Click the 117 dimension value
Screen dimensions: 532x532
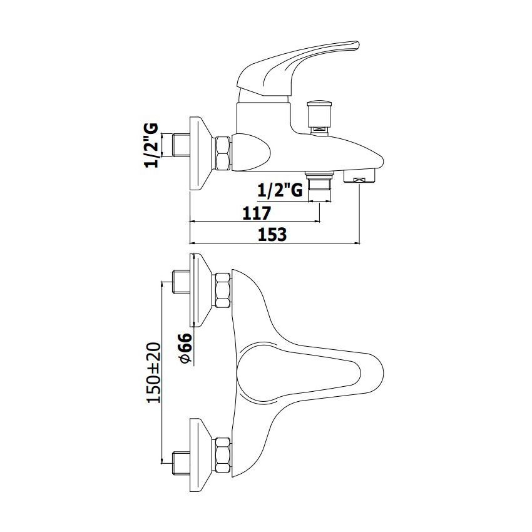257,213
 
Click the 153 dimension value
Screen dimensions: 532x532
272,235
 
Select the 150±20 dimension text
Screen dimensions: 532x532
154,372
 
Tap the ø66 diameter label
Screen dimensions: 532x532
185,348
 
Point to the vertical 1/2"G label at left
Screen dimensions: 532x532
151,145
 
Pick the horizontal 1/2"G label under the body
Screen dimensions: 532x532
280,191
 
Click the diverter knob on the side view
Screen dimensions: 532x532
318,118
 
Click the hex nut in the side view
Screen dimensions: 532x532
222,153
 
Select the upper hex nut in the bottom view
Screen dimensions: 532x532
222,290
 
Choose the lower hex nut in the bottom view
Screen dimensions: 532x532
222,454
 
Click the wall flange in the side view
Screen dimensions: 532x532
201,153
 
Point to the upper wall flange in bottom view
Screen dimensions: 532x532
201,290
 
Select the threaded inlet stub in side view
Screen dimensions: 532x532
182,146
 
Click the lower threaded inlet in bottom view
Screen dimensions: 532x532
182,462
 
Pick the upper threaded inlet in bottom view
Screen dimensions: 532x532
182,282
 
